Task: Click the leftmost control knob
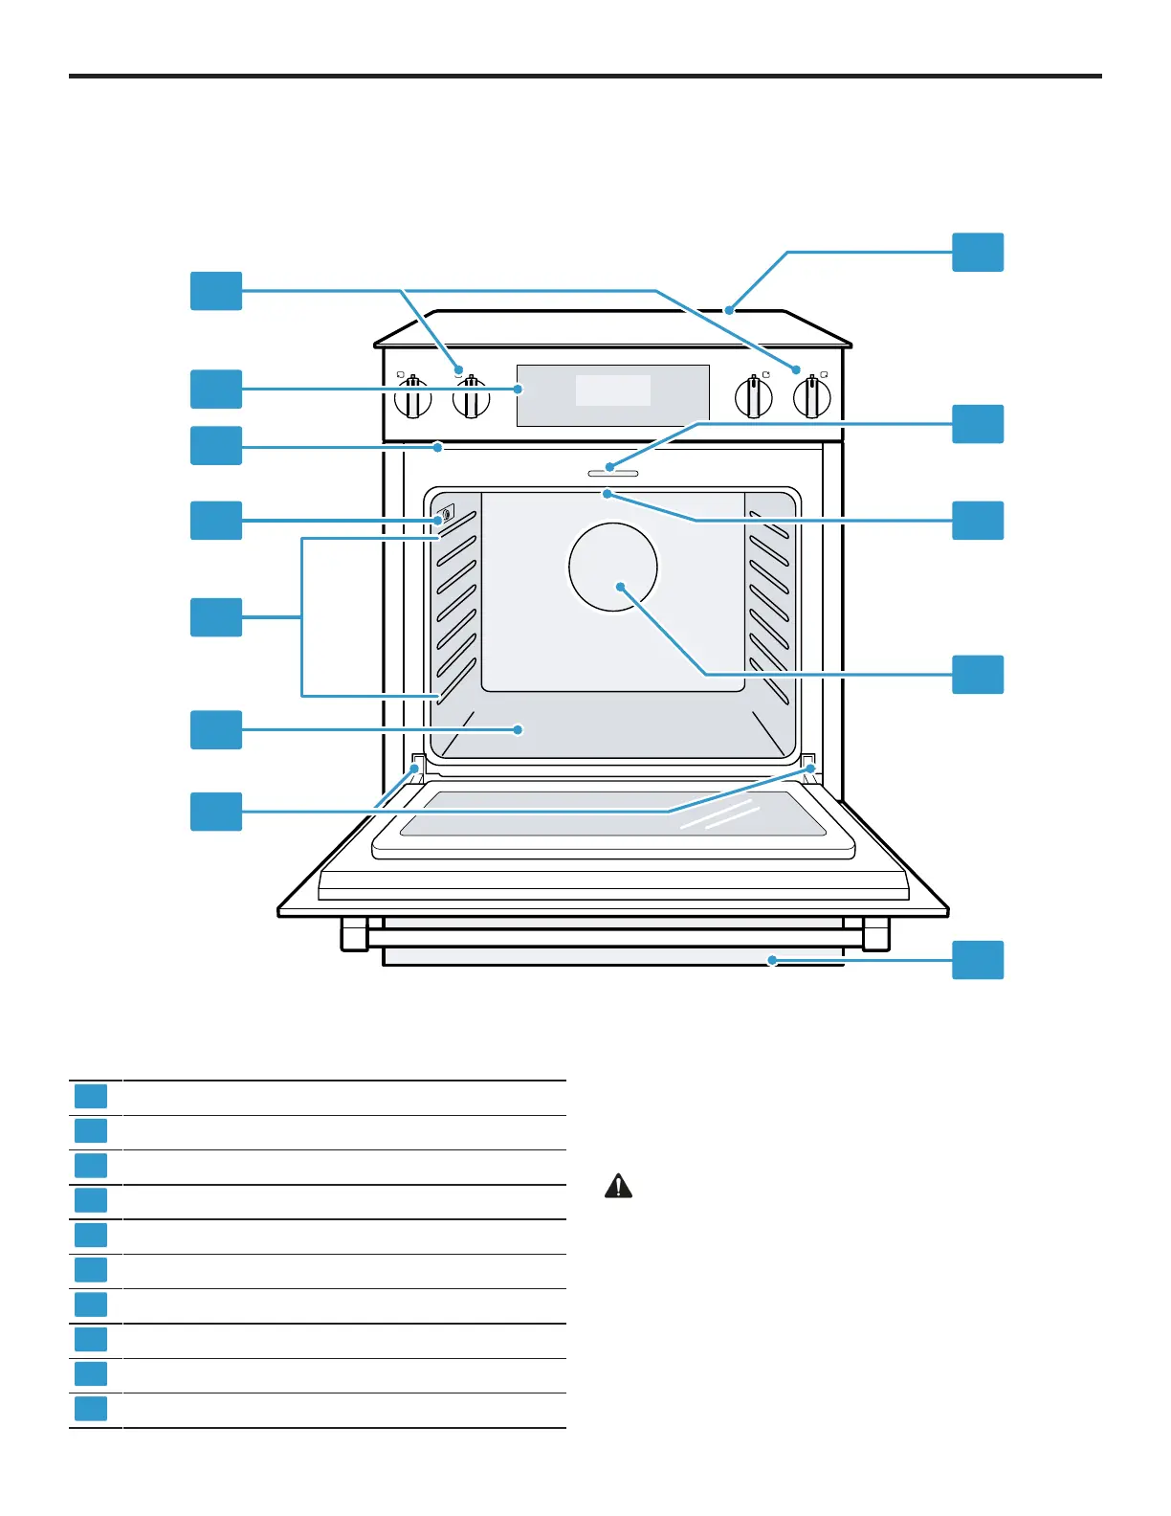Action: [412, 398]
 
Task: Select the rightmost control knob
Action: [812, 397]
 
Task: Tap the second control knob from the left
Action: [471, 398]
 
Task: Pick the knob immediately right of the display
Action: [754, 397]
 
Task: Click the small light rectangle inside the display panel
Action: [612, 390]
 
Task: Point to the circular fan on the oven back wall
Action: [612, 567]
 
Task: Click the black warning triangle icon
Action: [618, 1187]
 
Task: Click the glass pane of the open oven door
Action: [612, 814]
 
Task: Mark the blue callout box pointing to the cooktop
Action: [978, 253]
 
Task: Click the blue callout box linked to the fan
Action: [978, 675]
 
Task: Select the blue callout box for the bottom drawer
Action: [978, 960]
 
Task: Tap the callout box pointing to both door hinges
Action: [216, 812]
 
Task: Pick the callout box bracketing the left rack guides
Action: [216, 617]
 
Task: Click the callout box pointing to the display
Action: [216, 390]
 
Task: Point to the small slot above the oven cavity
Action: [612, 473]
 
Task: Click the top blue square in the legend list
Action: [91, 1097]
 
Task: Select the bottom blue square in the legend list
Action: [91, 1409]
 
